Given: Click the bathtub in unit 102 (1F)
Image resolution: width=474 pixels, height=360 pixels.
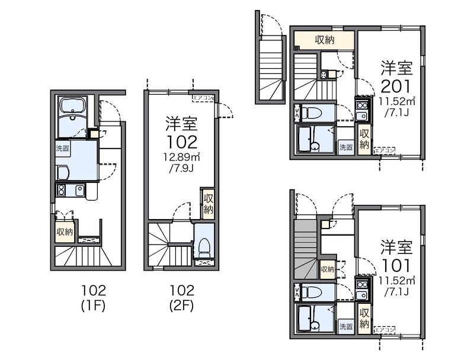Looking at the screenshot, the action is click(x=73, y=117).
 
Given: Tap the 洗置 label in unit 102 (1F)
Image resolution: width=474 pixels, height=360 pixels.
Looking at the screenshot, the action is click(x=63, y=148).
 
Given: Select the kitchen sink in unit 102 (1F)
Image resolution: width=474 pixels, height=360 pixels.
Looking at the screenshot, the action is click(x=79, y=190).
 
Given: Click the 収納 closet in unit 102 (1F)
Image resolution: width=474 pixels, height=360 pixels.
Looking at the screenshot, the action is click(x=65, y=232).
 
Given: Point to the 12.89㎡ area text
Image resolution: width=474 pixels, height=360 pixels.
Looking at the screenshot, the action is click(x=181, y=157).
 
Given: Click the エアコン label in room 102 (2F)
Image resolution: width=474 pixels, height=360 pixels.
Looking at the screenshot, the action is click(x=203, y=98).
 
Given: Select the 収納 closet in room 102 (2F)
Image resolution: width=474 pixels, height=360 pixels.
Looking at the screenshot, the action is click(x=209, y=204).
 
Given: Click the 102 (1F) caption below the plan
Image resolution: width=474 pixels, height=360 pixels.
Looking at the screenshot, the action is click(x=94, y=298).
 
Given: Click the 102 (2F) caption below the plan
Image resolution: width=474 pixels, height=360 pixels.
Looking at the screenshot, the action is click(x=182, y=298).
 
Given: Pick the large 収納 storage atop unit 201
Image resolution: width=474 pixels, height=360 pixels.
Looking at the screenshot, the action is click(x=324, y=40).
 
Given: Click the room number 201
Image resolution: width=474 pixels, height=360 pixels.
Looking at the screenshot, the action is click(x=396, y=86).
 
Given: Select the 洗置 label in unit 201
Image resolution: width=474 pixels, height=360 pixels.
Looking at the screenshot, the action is click(x=346, y=147).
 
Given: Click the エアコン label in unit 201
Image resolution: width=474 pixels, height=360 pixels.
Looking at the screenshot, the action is click(x=385, y=150).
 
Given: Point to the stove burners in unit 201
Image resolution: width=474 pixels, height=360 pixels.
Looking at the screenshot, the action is click(x=361, y=105).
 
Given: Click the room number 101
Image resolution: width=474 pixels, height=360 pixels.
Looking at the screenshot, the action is click(x=396, y=266).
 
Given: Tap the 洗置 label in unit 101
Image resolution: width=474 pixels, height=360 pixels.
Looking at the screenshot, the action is click(x=346, y=326).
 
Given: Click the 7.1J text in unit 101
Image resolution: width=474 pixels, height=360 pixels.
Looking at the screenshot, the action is click(x=396, y=292).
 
